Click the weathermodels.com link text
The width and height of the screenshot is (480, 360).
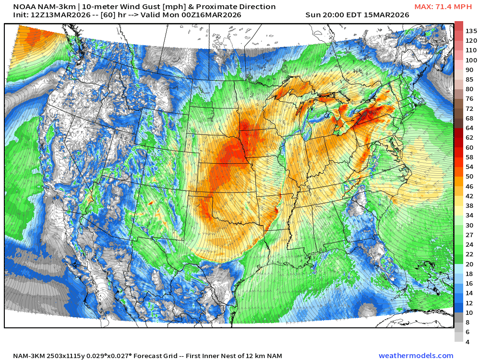pos(416,356)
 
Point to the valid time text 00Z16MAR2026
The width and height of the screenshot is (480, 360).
pos(212,15)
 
